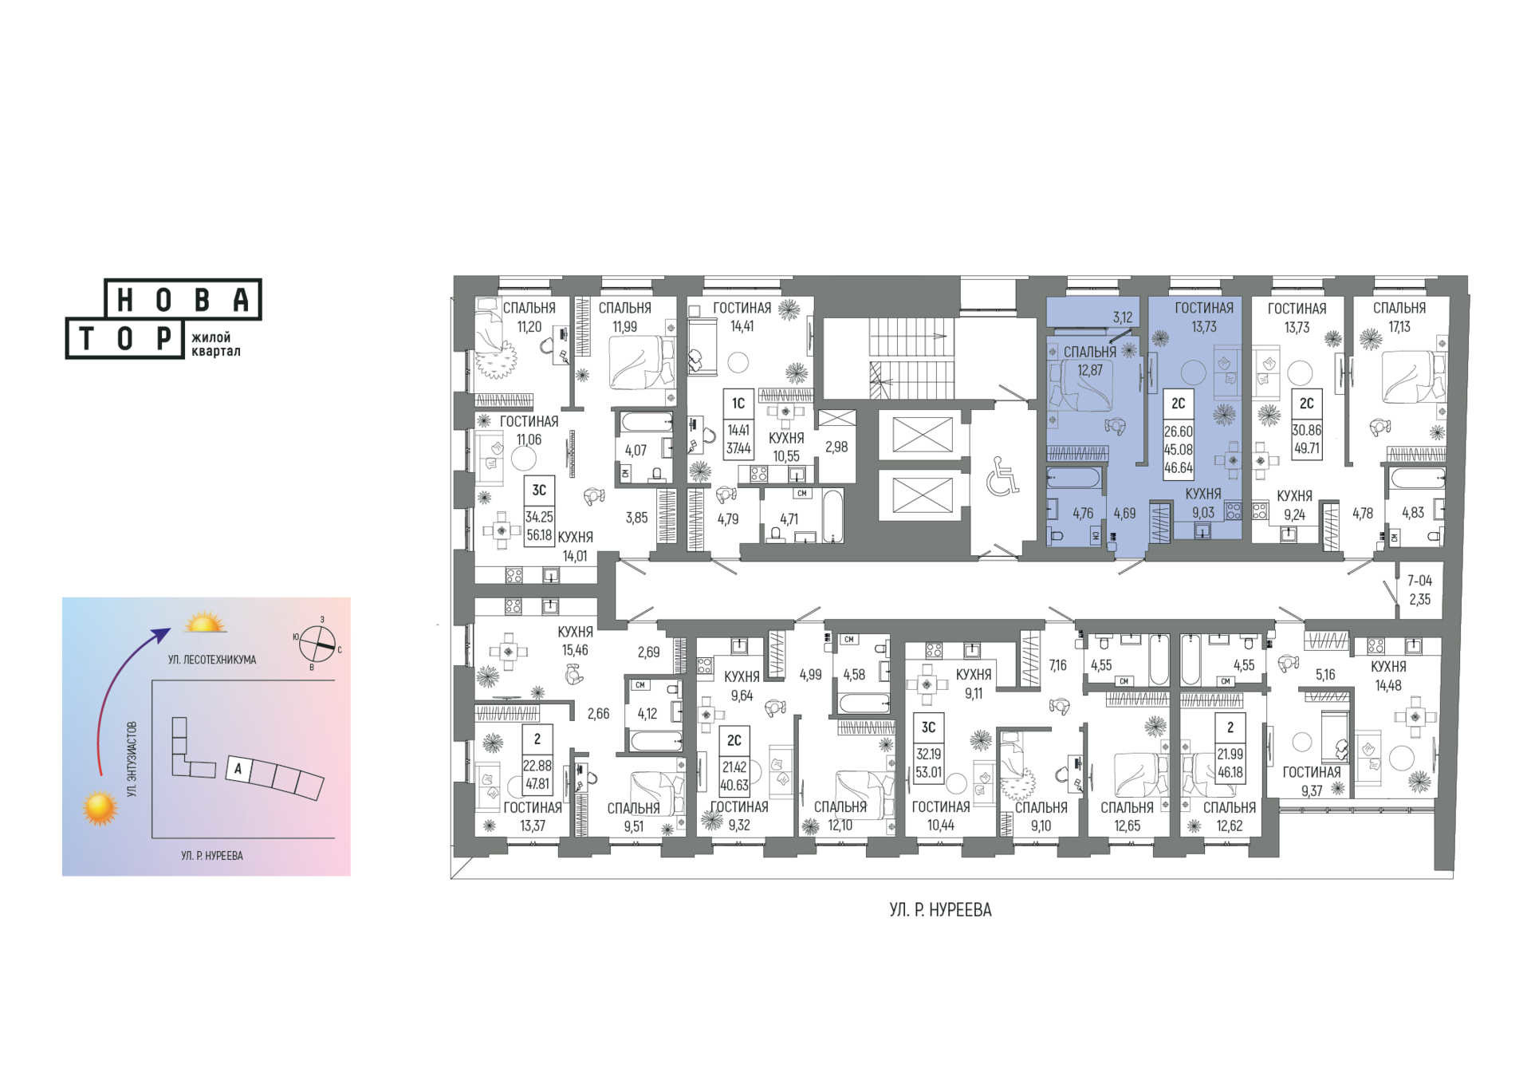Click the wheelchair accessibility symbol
(x=1002, y=475)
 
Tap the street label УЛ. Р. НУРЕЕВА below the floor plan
(x=940, y=910)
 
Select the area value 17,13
(x=1399, y=326)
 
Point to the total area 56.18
(x=539, y=534)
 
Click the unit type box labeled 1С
(x=738, y=404)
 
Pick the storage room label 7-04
(x=1419, y=581)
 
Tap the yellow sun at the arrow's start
(x=100, y=808)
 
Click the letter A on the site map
(x=238, y=770)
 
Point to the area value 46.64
(x=1179, y=468)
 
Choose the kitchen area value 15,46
(x=575, y=650)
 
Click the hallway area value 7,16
(x=1057, y=665)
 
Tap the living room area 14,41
(x=742, y=325)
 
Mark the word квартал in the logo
(x=215, y=351)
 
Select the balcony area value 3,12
(x=1122, y=317)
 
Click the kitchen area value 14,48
(x=1388, y=685)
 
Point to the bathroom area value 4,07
(x=636, y=451)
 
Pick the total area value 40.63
(x=734, y=785)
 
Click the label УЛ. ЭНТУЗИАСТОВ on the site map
(x=132, y=759)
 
